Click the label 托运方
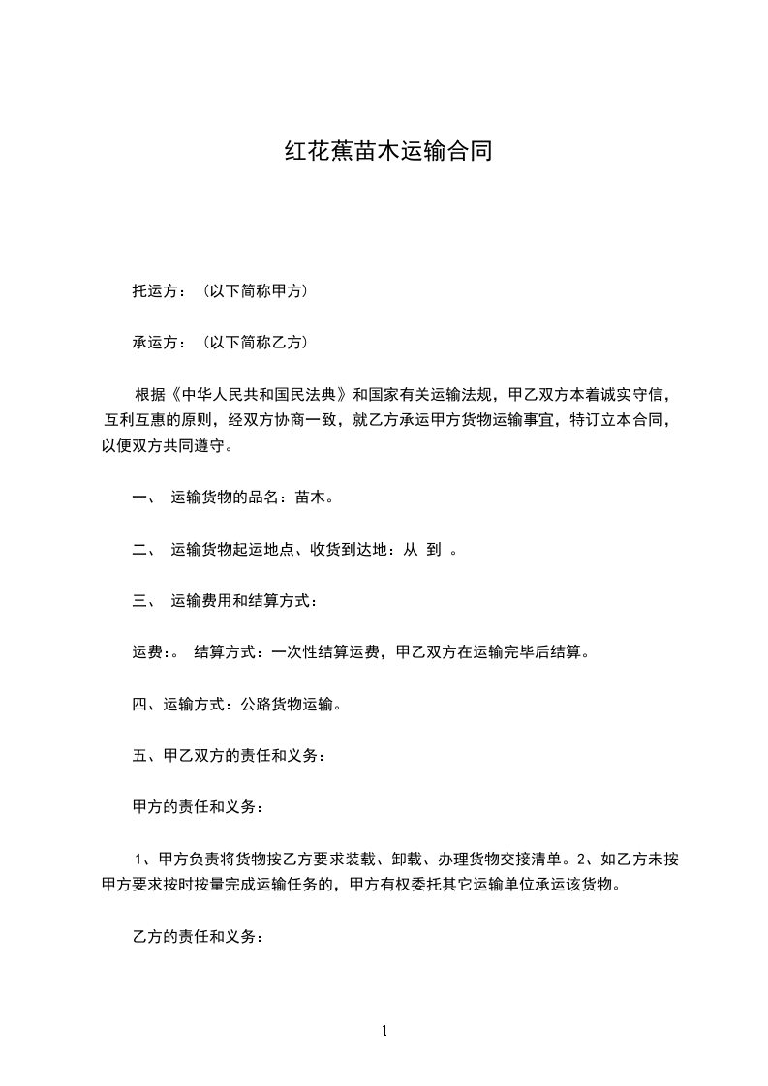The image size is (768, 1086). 153,290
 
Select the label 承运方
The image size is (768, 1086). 153,342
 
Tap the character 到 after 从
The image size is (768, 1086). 435,550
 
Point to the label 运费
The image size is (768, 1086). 147,652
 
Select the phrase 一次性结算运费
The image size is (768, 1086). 323,652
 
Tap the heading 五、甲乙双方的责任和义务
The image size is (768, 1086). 228,756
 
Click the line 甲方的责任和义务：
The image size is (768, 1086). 197,806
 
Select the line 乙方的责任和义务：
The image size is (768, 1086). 197,937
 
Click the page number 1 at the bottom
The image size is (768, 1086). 384,1031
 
